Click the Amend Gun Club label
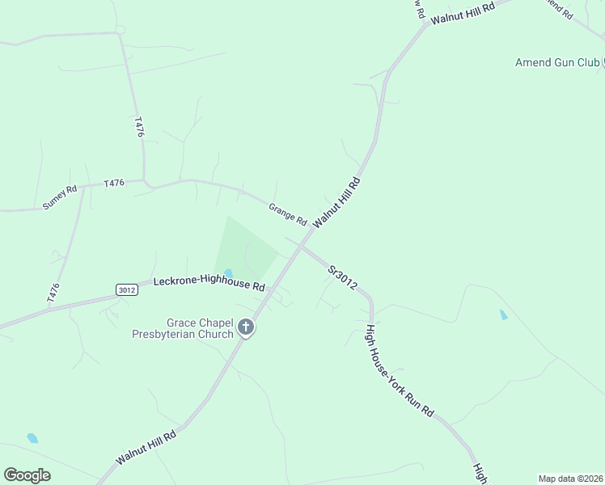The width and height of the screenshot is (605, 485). (x=557, y=62)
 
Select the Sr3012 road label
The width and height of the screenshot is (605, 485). (x=343, y=278)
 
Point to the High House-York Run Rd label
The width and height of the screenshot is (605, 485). (x=399, y=371)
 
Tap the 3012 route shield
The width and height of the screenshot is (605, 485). (x=126, y=289)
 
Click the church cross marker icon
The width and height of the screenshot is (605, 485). (x=246, y=327)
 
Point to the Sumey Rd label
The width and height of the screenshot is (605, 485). (x=60, y=197)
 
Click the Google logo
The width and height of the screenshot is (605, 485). (x=27, y=474)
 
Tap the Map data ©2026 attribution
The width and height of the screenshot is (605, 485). (x=570, y=478)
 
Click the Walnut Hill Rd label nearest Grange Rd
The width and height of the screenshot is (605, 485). (x=336, y=202)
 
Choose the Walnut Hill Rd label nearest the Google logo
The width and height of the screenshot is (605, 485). (x=146, y=447)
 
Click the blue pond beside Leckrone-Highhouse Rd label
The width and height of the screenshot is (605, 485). (x=228, y=273)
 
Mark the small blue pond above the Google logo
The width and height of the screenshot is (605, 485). (x=32, y=438)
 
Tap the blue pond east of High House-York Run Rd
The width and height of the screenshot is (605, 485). (x=504, y=314)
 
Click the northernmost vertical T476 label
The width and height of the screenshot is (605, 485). (x=138, y=127)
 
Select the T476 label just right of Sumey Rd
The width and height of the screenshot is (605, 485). (x=114, y=183)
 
